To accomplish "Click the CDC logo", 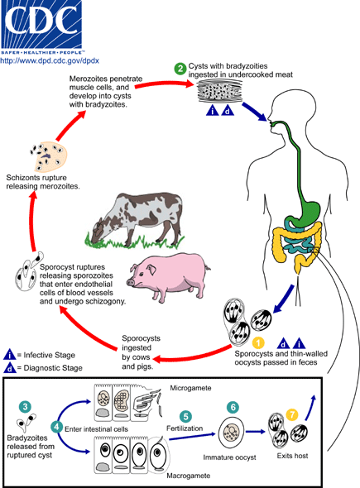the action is click(x=41, y=27).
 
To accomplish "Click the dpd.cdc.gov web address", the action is click(x=50, y=60).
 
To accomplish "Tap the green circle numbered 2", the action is click(x=180, y=69).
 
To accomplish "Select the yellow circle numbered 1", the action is click(x=258, y=343).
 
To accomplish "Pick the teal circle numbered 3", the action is click(x=25, y=407).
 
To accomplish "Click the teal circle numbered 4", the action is click(x=56, y=426).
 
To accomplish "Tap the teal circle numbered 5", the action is click(x=185, y=416).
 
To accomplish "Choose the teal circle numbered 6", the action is click(x=233, y=407).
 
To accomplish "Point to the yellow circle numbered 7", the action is click(x=292, y=414).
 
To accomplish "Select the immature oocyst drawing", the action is click(x=231, y=433).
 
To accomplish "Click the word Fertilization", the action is click(x=185, y=428).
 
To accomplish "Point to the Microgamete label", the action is click(x=190, y=388).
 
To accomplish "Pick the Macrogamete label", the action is click(x=189, y=476).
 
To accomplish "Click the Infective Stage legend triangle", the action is click(x=10, y=355).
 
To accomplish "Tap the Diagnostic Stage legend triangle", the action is click(x=10, y=368).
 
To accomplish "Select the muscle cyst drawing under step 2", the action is click(x=220, y=90).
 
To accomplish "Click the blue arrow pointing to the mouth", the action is click(x=254, y=112).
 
